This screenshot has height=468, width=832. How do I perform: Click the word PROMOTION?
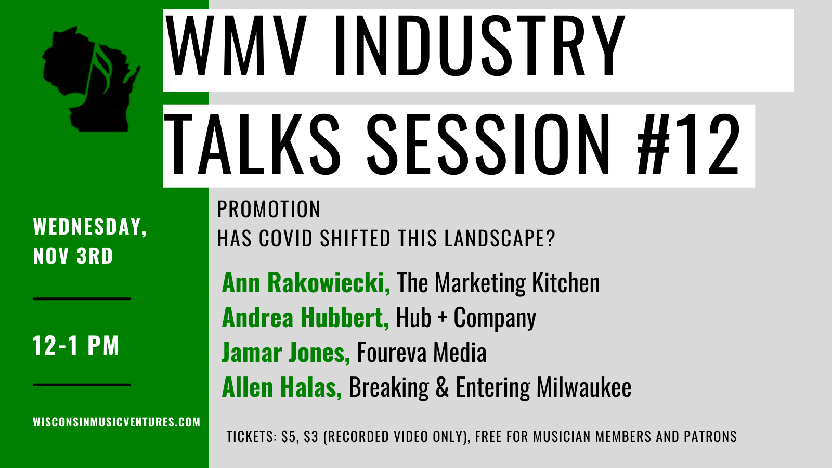[x=268, y=209]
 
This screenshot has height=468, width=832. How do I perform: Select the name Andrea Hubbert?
[x=305, y=318]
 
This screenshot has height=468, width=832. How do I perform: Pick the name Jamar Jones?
[x=286, y=353]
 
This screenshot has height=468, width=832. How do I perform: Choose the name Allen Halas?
[x=282, y=387]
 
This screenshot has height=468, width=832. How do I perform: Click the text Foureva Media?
[x=422, y=353]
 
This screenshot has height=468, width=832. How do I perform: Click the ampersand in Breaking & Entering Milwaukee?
[x=442, y=387]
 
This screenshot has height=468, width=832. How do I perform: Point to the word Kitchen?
[x=566, y=283]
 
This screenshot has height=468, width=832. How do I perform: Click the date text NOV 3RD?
[x=73, y=255]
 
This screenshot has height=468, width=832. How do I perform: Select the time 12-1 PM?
[x=76, y=346]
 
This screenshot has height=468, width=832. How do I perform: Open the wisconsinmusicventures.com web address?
[x=116, y=422]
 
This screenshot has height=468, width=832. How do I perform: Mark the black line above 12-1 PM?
[x=82, y=298]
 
